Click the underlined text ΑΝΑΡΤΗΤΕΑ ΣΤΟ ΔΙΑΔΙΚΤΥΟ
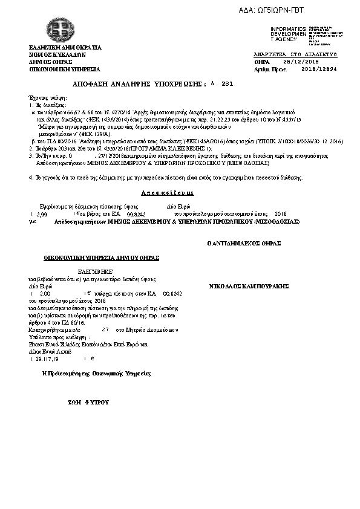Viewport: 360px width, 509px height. tap(295, 54)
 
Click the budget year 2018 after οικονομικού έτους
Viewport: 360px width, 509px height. tap(281, 214)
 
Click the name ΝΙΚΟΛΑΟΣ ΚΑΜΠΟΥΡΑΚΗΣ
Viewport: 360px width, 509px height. tap(249, 285)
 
